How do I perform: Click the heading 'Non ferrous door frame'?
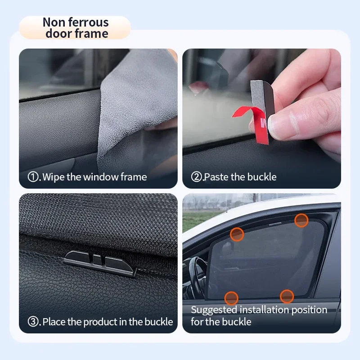pyautogui.click(x=76, y=28)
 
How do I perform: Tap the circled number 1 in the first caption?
pyautogui.click(x=33, y=177)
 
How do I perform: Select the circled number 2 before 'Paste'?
pyautogui.click(x=196, y=177)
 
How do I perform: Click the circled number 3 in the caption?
pyautogui.click(x=33, y=322)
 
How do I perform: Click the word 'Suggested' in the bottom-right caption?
pyautogui.click(x=214, y=310)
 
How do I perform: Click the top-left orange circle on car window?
pyautogui.click(x=237, y=234)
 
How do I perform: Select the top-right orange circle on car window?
pyautogui.click(x=301, y=220)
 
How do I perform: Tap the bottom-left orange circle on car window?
pyautogui.click(x=231, y=297)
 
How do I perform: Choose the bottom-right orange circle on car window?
pyautogui.click(x=287, y=296)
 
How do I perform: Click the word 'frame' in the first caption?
pyautogui.click(x=134, y=177)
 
